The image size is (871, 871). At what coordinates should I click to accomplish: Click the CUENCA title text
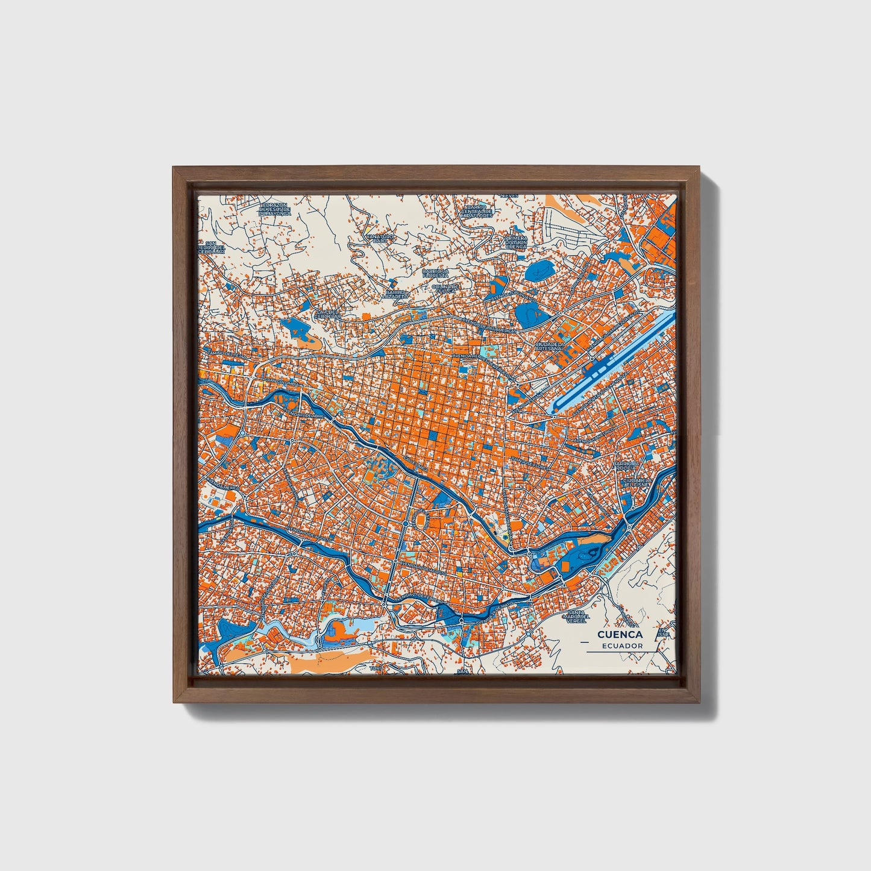coord(620,635)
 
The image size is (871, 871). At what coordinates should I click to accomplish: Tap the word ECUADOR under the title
coord(621,646)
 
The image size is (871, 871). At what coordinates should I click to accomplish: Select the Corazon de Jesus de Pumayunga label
coord(275,209)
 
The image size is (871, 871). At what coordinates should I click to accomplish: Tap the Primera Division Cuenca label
coord(516,242)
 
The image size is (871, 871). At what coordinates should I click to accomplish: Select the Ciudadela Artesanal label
coord(550,347)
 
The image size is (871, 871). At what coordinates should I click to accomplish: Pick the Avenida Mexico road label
coord(221,486)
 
